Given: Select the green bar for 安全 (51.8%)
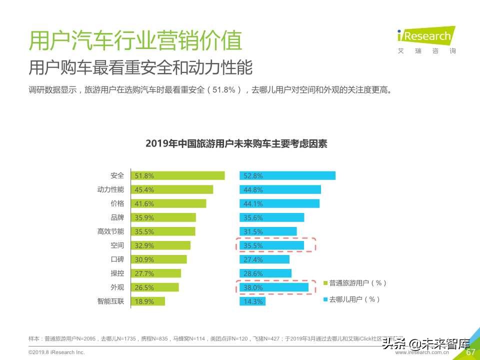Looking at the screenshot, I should coord(178,175).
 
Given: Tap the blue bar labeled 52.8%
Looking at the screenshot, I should coord(287,175).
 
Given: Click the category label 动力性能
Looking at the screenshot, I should coord(110,189).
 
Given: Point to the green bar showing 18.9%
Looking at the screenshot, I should coord(148,301).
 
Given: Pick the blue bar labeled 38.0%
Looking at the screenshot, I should coord(274,287).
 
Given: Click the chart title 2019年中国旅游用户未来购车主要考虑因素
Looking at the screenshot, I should coord(236,143).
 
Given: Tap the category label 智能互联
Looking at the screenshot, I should coord(110,301).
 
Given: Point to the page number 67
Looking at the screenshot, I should coord(470,352).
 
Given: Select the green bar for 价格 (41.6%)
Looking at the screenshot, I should coord(168,203).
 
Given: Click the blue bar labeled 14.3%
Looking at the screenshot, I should coord(253,301).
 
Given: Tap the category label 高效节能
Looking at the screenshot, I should coord(110,231).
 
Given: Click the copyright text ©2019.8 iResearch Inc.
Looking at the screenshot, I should coord(56,352).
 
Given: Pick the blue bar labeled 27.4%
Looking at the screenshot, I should coord(264,259).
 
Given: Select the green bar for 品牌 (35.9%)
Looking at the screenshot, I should coord(163,217).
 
